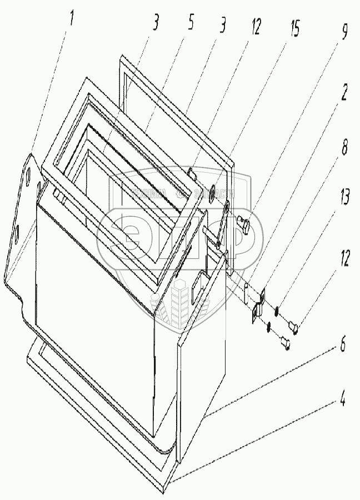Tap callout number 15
tap(295, 29)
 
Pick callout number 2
tap(344, 93)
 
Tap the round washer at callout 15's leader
tap(216, 189)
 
